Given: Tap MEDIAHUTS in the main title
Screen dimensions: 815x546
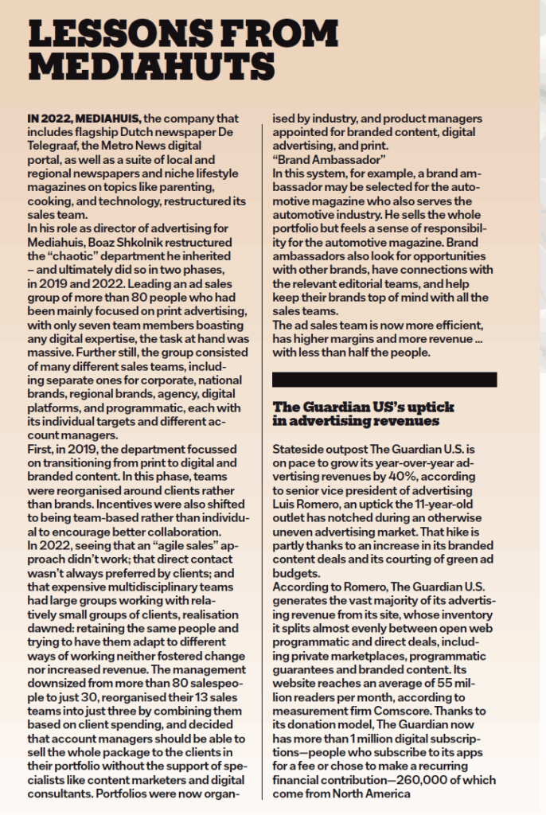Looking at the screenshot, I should tap(152, 63).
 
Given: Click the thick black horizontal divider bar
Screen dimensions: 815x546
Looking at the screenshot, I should tap(384, 379).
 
